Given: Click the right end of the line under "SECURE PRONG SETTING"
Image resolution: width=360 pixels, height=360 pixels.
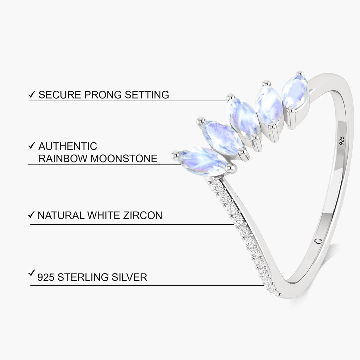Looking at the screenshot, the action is (227, 101).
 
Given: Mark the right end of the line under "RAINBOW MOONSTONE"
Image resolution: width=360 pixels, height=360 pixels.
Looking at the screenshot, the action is (181, 165).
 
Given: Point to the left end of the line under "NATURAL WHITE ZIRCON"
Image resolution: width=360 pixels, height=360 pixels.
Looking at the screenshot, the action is (30, 225).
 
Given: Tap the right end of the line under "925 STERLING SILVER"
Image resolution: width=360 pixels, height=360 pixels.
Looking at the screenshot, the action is (264, 285).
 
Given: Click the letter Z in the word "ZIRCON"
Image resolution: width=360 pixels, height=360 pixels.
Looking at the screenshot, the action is (126, 216).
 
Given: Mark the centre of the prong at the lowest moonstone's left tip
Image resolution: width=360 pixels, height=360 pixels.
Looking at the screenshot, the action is (176, 155).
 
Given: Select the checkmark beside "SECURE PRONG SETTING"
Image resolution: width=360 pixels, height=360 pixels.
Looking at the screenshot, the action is (31, 94).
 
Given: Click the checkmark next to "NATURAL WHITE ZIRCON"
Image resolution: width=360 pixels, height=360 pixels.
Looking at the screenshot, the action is (31, 215).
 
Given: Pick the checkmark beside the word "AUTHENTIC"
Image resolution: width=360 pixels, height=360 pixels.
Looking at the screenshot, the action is (31, 145).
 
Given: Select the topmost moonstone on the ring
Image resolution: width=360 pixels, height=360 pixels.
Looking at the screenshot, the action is (295, 91).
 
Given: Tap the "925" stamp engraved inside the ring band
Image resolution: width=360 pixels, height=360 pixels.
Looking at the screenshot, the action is (342, 141).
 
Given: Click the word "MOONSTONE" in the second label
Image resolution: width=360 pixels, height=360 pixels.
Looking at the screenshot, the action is (124, 159).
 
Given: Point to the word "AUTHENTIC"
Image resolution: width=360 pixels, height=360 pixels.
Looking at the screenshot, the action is (68, 146).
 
